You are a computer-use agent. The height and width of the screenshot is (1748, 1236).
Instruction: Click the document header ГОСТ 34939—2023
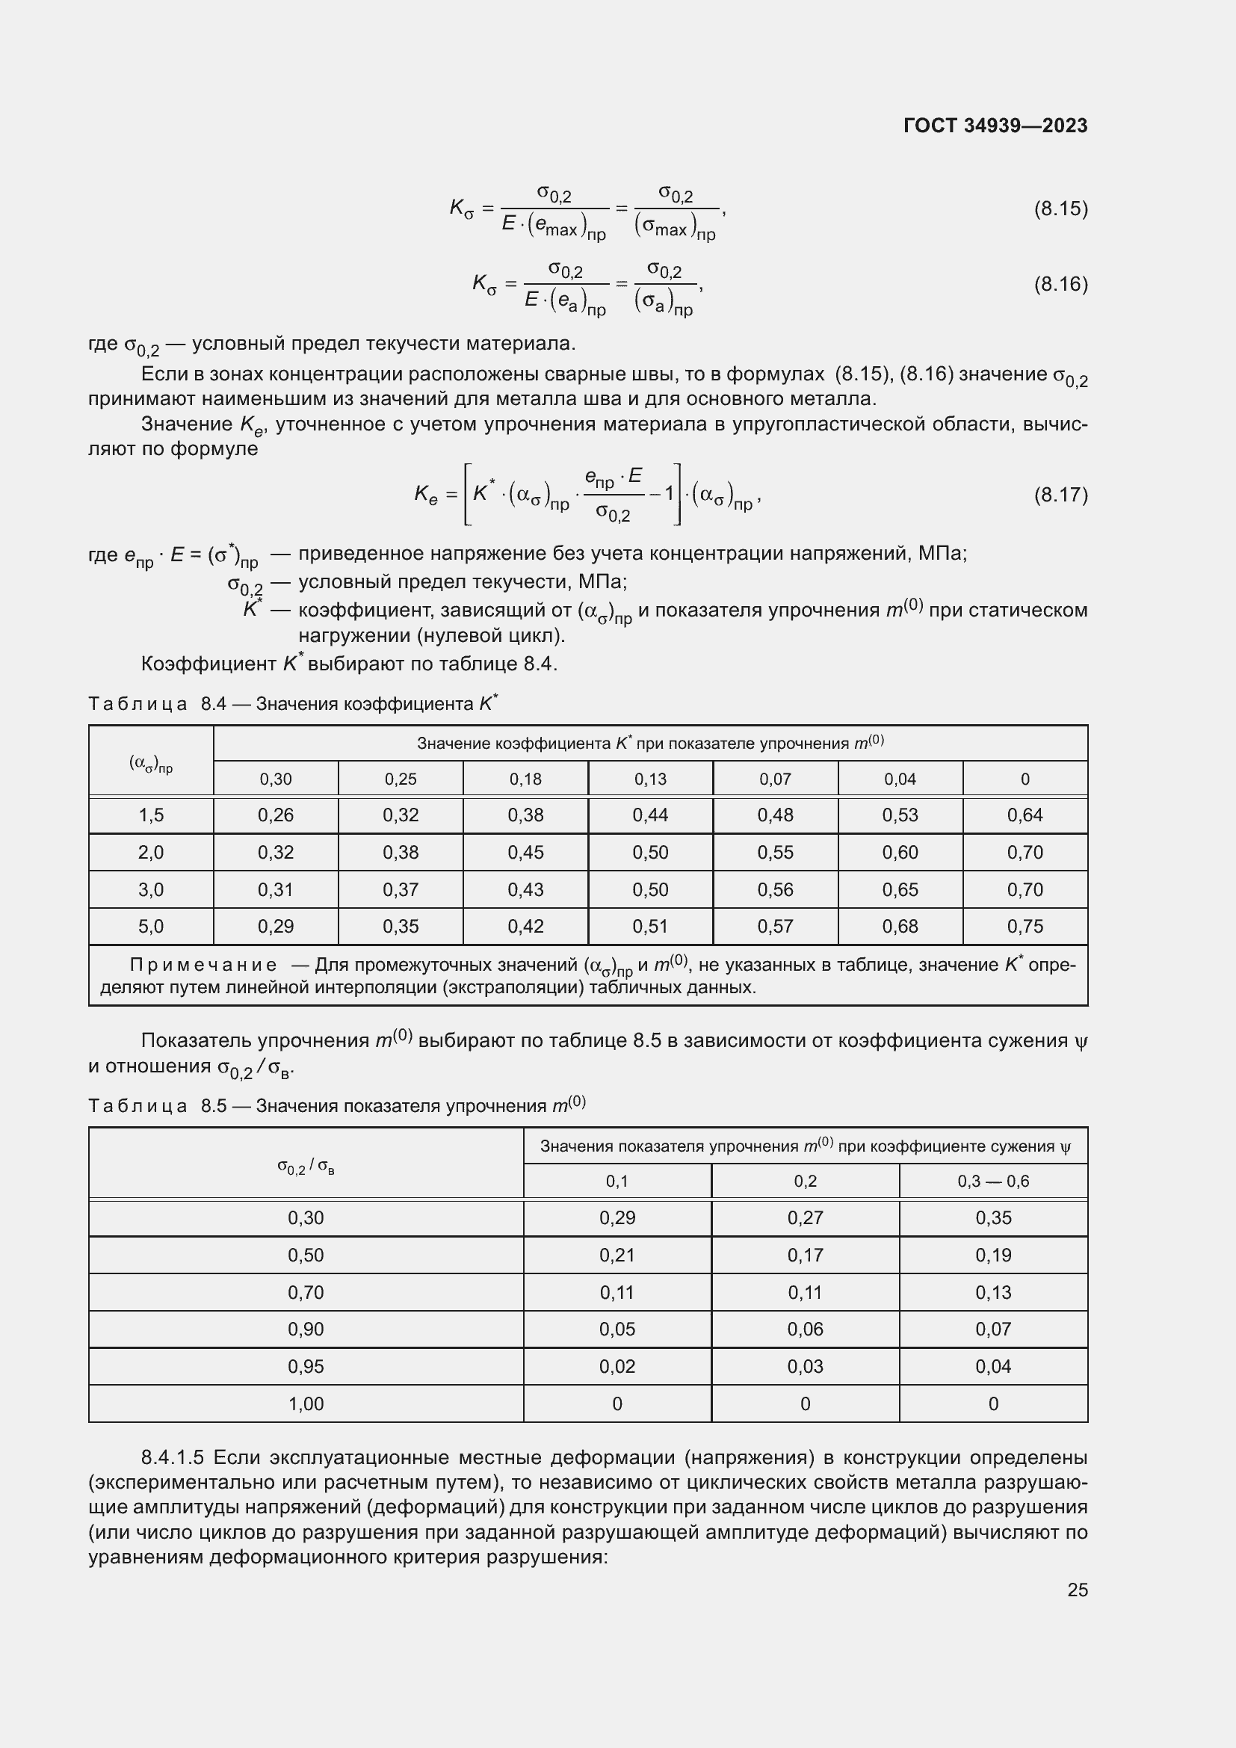tap(995, 126)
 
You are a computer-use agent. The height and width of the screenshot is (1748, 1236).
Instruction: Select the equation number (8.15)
tap(1060, 209)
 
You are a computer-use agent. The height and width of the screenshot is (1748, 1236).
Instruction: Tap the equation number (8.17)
tap(1060, 495)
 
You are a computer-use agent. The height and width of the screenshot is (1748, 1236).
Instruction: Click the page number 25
tap(1077, 1590)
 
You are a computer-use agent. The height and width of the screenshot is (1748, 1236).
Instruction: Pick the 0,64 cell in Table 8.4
tap(1025, 815)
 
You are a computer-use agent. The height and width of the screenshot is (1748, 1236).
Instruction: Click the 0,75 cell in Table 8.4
tap(1025, 927)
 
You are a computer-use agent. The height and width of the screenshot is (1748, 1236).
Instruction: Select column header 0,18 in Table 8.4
tap(525, 779)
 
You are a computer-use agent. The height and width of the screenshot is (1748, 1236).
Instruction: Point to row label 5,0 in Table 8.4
tap(151, 927)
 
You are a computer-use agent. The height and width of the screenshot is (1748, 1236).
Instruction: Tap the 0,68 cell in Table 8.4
tap(900, 927)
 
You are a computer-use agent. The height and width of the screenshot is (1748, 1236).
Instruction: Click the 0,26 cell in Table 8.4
tap(276, 815)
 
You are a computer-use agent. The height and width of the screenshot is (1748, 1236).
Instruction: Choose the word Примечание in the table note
tap(203, 966)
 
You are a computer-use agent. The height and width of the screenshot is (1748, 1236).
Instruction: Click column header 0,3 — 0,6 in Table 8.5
tap(992, 1182)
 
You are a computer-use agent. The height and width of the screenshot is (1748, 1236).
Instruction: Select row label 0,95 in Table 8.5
tap(305, 1367)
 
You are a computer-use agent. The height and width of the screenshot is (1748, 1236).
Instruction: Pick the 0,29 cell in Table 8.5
tap(617, 1218)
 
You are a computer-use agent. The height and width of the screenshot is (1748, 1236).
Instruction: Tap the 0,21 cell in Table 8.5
tap(617, 1256)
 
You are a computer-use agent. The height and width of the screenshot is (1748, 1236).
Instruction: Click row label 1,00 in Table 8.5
tap(305, 1404)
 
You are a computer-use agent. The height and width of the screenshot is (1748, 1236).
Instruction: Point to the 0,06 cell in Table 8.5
tap(805, 1329)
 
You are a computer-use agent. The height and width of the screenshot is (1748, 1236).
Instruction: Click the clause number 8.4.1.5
tap(172, 1457)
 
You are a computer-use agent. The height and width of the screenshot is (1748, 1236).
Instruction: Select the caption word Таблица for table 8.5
tap(137, 1106)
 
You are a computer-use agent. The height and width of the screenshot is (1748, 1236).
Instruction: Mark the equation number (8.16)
tap(1060, 284)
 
